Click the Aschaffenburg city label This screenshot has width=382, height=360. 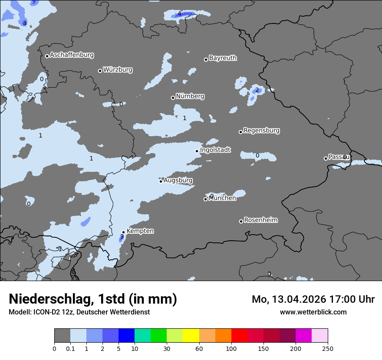point(72,55)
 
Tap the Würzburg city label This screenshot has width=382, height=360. point(118,70)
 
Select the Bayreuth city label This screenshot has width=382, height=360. point(223,58)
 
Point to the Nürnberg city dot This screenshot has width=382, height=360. point(173,98)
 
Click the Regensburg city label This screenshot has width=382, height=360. point(261,131)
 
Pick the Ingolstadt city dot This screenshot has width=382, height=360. point(197,151)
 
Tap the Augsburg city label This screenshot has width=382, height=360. point(178,180)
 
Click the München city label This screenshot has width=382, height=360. point(222,198)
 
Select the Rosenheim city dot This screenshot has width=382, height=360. point(241,221)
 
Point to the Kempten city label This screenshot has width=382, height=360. point(140,231)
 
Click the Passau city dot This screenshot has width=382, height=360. point(326,158)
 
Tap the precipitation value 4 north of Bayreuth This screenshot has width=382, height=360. point(179,14)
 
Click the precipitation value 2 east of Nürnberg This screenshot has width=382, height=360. point(257,90)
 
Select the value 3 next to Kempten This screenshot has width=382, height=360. point(122,237)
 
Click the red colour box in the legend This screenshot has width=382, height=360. point(239,336)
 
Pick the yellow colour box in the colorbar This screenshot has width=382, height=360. point(191,336)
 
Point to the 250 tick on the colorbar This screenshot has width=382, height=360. point(328,348)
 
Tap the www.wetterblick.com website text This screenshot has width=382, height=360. point(313,312)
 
